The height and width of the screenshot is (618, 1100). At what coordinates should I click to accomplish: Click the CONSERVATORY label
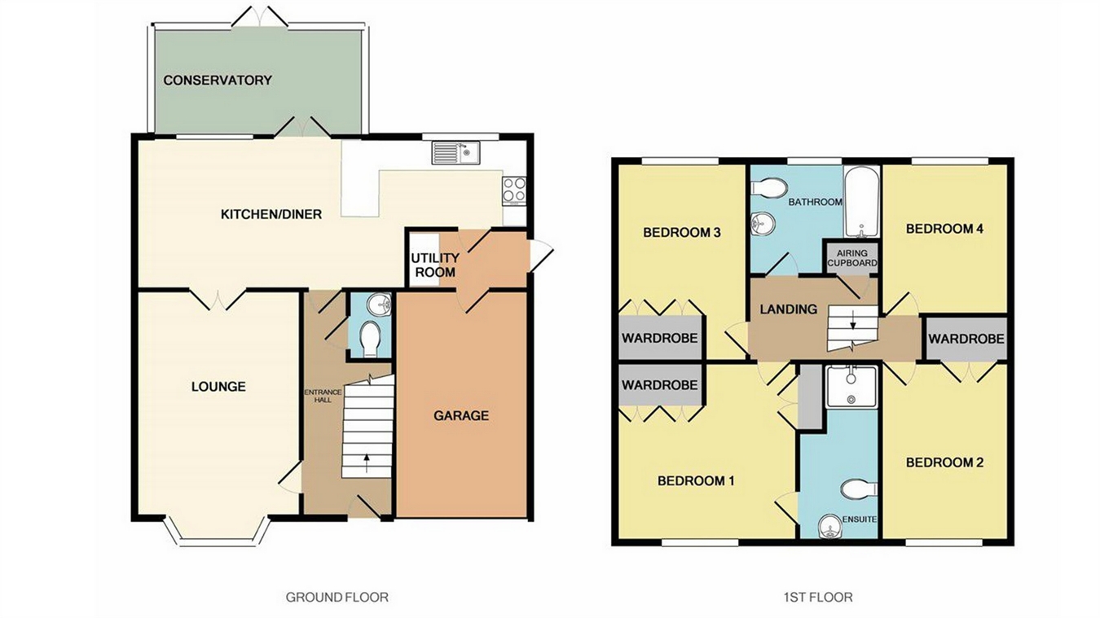point(217,80)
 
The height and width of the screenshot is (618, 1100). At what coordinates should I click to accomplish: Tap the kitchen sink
point(456,152)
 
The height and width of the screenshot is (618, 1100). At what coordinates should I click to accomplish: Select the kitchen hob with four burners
point(514,190)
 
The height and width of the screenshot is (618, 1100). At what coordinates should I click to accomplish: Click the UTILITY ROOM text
point(434,265)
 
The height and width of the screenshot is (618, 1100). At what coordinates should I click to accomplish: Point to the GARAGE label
point(461,415)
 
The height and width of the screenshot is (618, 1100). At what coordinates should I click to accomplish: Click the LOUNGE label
point(218,386)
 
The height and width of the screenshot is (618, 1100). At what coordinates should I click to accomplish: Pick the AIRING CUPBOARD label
point(852,258)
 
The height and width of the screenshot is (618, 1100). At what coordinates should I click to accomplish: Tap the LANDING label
point(788,309)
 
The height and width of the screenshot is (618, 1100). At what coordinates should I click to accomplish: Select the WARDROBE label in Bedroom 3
point(660,337)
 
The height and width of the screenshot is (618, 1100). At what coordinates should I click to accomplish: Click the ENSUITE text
point(860,518)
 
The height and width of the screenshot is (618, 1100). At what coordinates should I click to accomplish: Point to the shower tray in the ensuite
point(851,386)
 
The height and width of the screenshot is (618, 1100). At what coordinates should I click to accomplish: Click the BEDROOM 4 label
point(944,229)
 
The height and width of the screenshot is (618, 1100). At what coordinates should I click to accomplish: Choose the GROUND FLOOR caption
point(337,597)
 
